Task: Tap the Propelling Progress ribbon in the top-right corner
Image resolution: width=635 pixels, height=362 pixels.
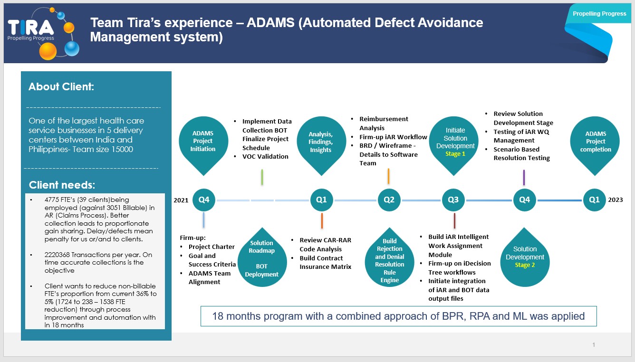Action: click(599, 14)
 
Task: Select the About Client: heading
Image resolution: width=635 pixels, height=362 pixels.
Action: click(61, 87)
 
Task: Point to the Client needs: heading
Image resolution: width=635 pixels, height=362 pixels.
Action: click(62, 185)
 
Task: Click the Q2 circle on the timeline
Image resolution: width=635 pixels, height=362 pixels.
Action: click(389, 200)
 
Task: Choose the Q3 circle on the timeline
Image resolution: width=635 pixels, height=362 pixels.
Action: click(453, 200)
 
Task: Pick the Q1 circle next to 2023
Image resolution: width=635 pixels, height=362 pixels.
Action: click(595, 200)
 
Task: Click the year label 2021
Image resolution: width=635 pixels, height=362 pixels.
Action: click(181, 200)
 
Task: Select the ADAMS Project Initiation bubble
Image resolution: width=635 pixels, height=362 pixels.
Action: click(203, 141)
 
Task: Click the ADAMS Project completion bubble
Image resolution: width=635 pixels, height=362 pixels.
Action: click(596, 142)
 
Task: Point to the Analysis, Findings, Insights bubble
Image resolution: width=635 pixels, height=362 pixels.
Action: click(321, 142)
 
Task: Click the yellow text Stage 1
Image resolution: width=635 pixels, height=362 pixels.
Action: click(455, 154)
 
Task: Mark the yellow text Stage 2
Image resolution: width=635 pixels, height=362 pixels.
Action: click(525, 265)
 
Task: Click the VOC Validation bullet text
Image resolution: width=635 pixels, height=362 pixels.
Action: click(265, 157)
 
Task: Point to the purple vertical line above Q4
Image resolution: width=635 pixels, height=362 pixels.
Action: click(524, 177)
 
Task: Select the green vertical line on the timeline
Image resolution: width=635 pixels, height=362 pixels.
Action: click(262, 177)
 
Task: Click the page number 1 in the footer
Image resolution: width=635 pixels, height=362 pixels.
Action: click(594, 345)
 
